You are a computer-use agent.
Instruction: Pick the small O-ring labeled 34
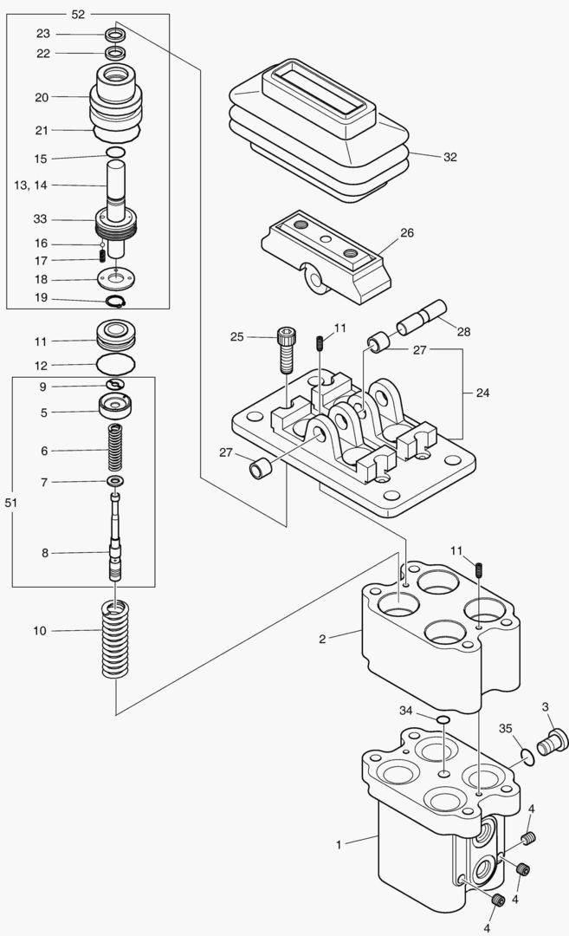[443, 719]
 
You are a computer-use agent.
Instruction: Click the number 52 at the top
[79, 14]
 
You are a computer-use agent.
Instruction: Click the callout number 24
[482, 392]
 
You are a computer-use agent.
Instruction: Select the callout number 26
[407, 233]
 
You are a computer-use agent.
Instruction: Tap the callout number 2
[322, 639]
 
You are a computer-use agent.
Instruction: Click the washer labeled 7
[115, 481]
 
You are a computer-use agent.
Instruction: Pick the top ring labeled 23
[115, 35]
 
